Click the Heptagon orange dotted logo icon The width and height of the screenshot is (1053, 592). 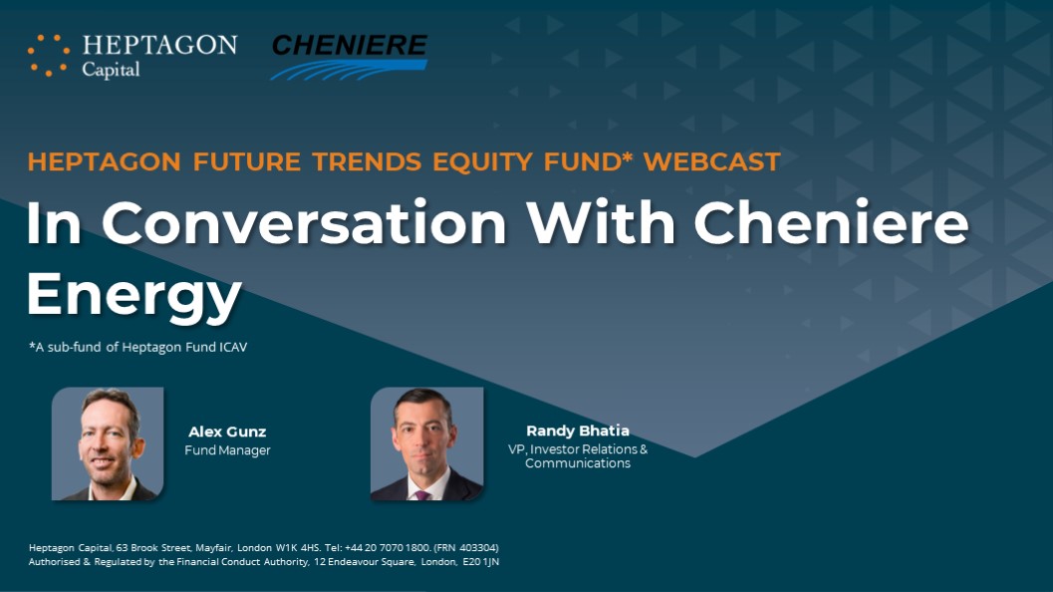click(x=49, y=55)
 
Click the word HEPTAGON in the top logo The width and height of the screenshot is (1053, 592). click(x=159, y=45)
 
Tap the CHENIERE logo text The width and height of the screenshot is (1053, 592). click(x=350, y=45)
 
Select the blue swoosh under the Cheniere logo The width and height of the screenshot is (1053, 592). click(x=350, y=69)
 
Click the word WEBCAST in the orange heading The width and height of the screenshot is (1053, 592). click(x=712, y=161)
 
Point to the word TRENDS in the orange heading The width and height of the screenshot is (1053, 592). click(x=367, y=161)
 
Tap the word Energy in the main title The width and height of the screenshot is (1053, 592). click(x=134, y=295)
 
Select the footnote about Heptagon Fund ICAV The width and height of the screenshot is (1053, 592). click(x=137, y=348)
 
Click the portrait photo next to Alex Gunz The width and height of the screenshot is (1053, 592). click(x=108, y=444)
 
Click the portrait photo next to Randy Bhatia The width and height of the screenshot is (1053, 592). click(x=426, y=444)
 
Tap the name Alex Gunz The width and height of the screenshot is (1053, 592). click(x=227, y=433)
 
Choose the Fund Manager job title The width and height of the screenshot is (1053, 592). click(x=227, y=450)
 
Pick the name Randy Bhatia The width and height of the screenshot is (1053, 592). click(x=578, y=431)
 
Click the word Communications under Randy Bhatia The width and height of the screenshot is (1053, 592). click(x=578, y=463)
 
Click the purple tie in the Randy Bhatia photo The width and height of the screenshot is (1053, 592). click(x=421, y=495)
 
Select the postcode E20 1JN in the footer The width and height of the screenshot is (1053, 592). click(x=481, y=562)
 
